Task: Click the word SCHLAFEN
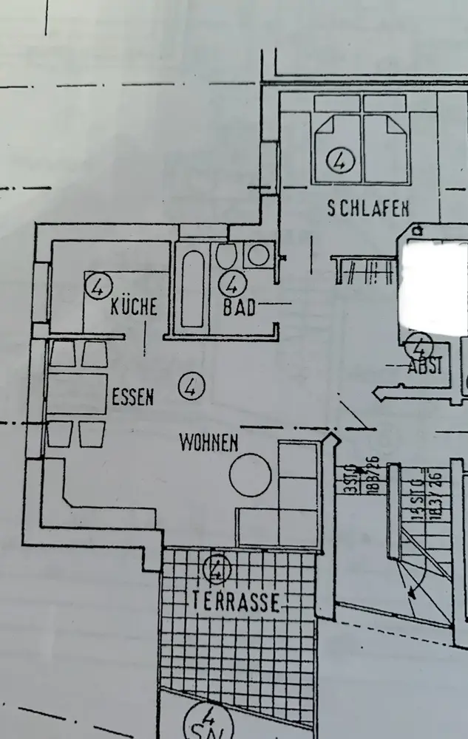368,209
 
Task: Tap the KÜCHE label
134,306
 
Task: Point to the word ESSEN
133,397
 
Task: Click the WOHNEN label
208,443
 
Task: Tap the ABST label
425,366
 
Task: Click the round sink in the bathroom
258,256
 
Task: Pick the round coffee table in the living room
250,474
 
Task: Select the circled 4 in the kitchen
98,285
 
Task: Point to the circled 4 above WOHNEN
191,386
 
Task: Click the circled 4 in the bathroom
234,284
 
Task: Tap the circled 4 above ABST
419,345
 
